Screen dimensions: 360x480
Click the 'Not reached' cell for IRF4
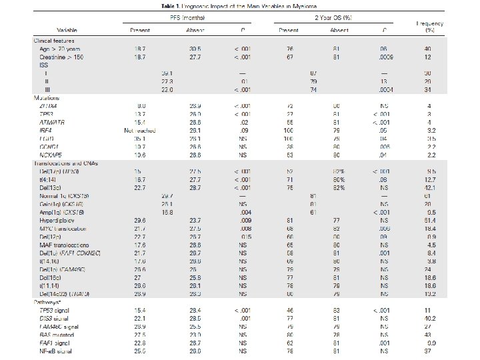140,130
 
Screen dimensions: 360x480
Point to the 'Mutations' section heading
47,97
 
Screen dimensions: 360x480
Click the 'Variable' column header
66,31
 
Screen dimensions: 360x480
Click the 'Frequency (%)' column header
430,27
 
